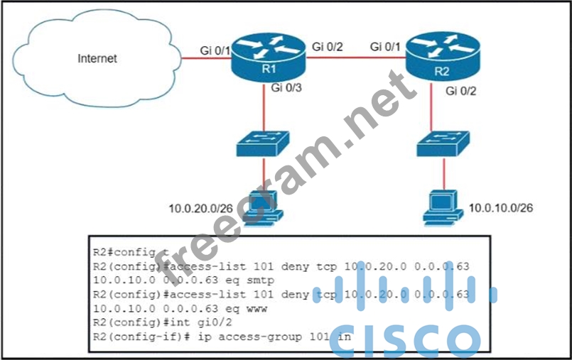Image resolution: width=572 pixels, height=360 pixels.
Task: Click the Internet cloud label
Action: (x=97, y=58)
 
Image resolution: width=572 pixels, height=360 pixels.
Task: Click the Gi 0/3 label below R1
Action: (x=286, y=89)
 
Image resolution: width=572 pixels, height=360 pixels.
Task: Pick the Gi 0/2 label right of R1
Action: (x=328, y=47)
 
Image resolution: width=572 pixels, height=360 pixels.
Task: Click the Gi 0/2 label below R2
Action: (x=461, y=91)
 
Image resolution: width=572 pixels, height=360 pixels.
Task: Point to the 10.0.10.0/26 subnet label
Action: (x=501, y=208)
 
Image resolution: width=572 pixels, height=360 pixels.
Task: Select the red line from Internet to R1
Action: (x=205, y=60)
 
